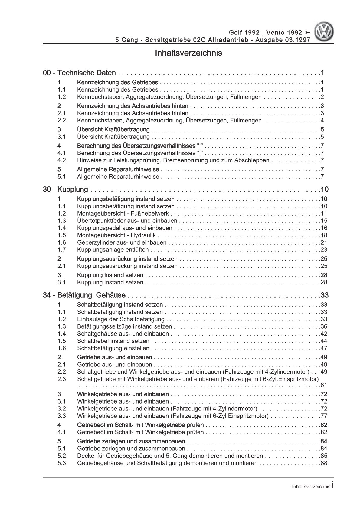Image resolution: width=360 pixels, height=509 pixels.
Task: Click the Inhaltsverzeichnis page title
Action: (x=188, y=53)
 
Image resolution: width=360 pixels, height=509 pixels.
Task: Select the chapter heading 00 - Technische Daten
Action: (x=80, y=73)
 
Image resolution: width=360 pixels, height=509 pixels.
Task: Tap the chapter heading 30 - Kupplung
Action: (x=66, y=190)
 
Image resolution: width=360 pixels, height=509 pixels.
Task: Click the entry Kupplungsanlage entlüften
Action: (x=113, y=250)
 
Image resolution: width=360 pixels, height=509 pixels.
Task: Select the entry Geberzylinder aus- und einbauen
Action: (x=122, y=243)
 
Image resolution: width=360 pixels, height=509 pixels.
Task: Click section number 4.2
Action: (x=62, y=160)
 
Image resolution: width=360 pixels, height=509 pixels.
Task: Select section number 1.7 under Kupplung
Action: (x=62, y=250)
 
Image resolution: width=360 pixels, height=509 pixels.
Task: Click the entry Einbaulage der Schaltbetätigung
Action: (x=121, y=319)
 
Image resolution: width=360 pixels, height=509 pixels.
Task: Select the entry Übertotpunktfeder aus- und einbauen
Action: (x=127, y=221)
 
